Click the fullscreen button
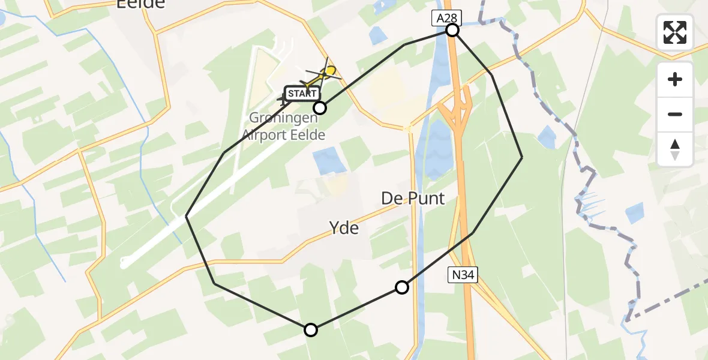675,32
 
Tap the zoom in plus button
675,79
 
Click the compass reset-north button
675,149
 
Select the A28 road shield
445,19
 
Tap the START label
302,93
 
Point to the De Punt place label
413,198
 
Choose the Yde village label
344,227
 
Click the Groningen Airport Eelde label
287,126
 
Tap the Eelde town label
140,4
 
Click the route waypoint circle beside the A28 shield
452,30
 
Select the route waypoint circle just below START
320,108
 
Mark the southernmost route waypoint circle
311,329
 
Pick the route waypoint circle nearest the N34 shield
402,287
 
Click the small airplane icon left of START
283,98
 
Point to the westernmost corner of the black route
187,216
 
